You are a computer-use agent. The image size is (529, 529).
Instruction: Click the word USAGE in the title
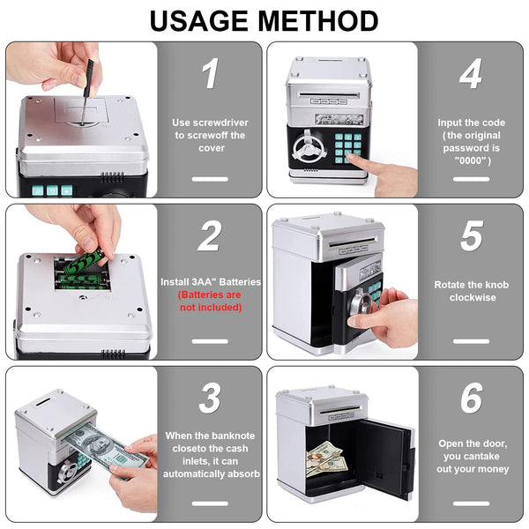coord(201,21)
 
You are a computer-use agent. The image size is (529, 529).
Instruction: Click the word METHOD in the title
coord(318,21)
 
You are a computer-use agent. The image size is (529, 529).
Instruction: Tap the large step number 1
coord(210,73)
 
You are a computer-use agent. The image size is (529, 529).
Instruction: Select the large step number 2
coord(210,235)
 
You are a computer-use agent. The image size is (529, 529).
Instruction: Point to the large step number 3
coord(210,398)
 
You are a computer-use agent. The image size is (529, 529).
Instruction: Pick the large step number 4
coord(471,73)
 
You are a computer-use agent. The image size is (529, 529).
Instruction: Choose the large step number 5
coord(472,235)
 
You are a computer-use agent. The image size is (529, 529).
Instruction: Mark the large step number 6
coord(472,398)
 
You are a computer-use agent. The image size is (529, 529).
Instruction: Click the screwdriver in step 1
coord(86,92)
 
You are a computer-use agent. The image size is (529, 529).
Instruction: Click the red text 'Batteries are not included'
coord(210,301)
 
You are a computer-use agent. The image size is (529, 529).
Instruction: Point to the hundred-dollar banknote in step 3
coord(105,447)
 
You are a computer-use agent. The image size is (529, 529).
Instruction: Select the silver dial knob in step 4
coord(309,148)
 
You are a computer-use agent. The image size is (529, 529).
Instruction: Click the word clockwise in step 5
coord(473,298)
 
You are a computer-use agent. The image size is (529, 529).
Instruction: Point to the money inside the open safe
coord(325,458)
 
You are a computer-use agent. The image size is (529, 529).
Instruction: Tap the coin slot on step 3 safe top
coord(42,401)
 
